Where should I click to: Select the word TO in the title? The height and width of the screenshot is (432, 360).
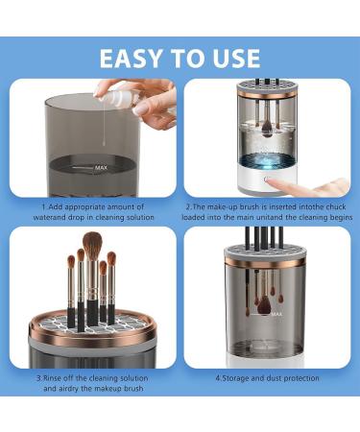tap(183, 57)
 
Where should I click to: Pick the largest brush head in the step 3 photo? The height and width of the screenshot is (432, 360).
tap(93, 246)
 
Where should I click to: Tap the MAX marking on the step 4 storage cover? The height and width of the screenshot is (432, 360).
tap(276, 314)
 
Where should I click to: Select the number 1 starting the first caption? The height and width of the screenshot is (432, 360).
tap(42, 205)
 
